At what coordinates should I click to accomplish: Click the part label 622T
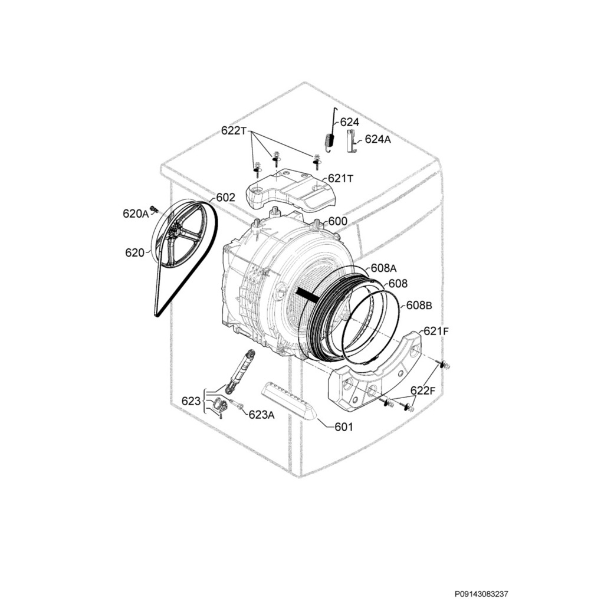click(x=234, y=130)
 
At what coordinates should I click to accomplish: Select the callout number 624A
click(x=377, y=139)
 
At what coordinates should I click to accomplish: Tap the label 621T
click(x=340, y=178)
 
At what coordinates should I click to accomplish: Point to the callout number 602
click(x=225, y=197)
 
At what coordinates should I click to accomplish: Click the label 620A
click(x=136, y=214)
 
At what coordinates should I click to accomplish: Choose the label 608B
click(x=419, y=306)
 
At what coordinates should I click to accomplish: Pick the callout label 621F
click(x=436, y=331)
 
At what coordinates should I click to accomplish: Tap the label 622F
click(x=422, y=390)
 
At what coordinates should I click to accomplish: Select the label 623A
click(x=261, y=415)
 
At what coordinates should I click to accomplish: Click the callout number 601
click(x=344, y=426)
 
